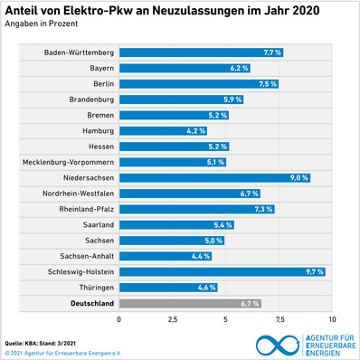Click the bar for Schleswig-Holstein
[x=222, y=270]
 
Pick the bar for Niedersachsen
[x=214, y=177]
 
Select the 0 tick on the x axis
[x=118, y=320]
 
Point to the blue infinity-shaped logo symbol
[x=277, y=345]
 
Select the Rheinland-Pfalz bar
[x=196, y=209]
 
